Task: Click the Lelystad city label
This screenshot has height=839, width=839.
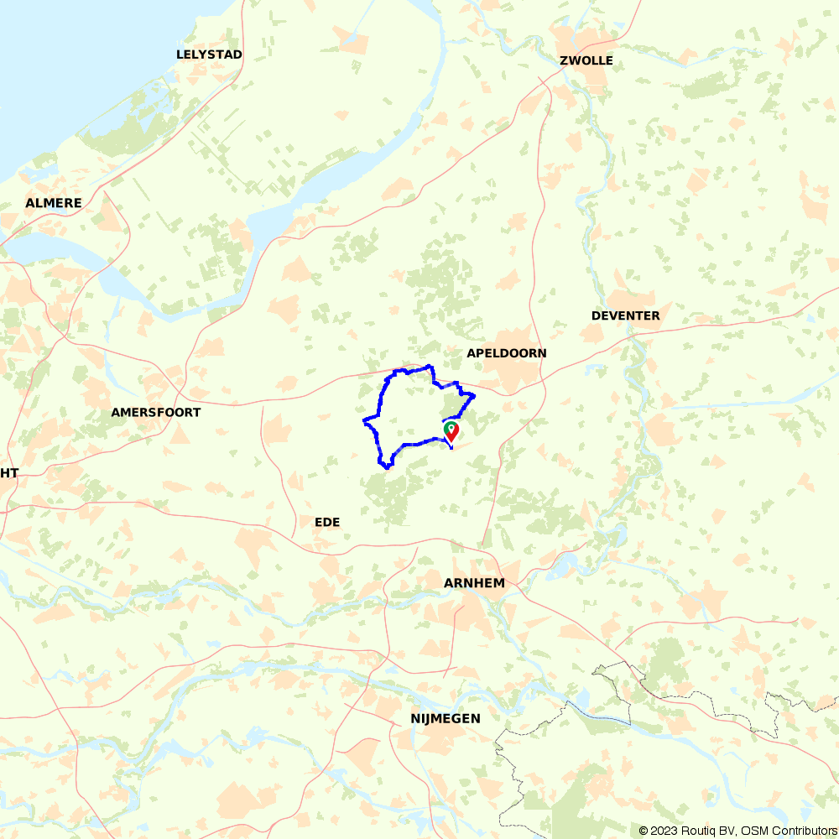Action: pyautogui.click(x=209, y=55)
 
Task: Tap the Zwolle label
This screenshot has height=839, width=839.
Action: pyautogui.click(x=586, y=60)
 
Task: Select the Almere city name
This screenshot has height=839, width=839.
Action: pyautogui.click(x=54, y=203)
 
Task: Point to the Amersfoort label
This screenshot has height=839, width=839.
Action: pyautogui.click(x=156, y=413)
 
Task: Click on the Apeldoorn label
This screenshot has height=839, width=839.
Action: pyautogui.click(x=507, y=353)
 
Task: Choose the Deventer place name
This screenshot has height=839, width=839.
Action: pyautogui.click(x=625, y=315)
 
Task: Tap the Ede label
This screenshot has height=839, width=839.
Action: pyautogui.click(x=327, y=522)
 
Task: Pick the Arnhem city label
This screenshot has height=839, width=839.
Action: pyautogui.click(x=474, y=583)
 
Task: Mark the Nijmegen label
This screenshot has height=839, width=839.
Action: pyautogui.click(x=446, y=718)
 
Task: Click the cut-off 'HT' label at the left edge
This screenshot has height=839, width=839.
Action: pyautogui.click(x=8, y=473)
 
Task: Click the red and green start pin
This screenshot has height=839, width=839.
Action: pyautogui.click(x=451, y=431)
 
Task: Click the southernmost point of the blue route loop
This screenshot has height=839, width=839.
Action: pyautogui.click(x=386, y=467)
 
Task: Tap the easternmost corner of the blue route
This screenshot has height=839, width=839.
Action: pyautogui.click(x=475, y=395)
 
